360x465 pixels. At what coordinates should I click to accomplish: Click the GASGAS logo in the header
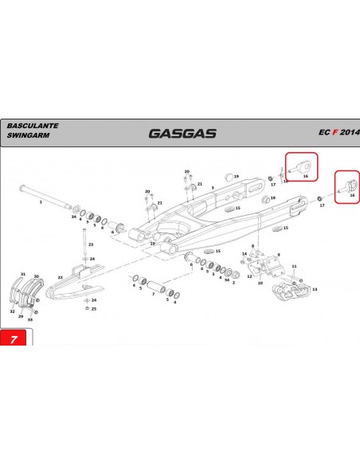182,133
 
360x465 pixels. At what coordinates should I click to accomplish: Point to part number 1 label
40,204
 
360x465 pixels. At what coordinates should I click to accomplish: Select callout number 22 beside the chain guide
60,277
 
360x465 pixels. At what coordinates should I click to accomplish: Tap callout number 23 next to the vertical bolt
91,245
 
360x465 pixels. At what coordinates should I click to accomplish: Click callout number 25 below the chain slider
94,308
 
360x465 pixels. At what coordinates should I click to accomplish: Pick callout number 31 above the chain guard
23,274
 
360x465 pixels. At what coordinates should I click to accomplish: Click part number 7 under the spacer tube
152,294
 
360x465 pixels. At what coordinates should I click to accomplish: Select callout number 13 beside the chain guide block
314,289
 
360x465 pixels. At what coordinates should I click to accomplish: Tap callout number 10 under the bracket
260,283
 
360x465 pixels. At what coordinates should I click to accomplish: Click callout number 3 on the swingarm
212,188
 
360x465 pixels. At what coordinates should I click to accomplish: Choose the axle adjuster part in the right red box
347,188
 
